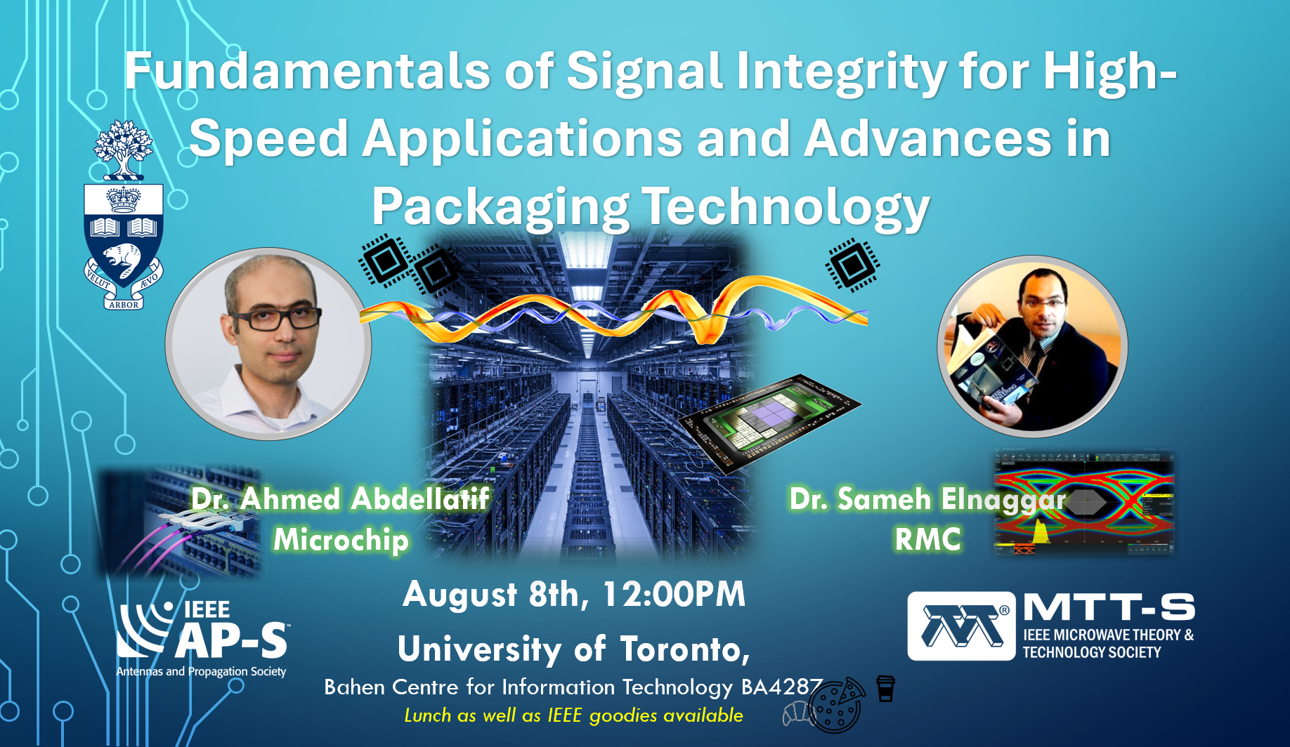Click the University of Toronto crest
coord(124,214)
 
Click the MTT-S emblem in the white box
coord(961,626)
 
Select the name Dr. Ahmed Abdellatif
coord(341,499)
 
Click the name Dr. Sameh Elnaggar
coord(927,499)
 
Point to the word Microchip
coord(341,540)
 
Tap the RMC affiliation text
coord(927,540)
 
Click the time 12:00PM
coord(674,594)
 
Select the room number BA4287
coord(782,687)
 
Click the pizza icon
coord(838,705)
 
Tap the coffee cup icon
coord(885,689)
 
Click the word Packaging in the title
coord(500,207)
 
